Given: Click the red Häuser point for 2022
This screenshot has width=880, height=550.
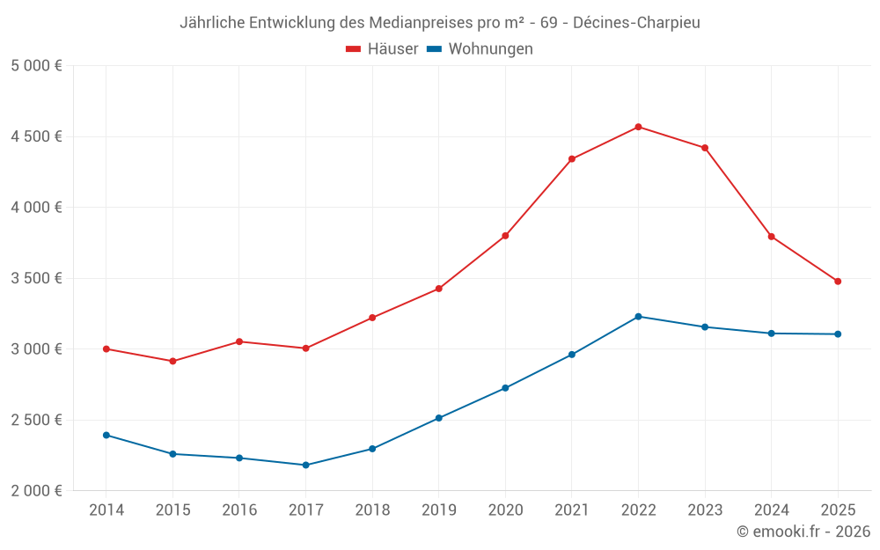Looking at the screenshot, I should click(x=638, y=127).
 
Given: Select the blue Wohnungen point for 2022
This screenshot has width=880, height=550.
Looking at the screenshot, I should click(x=638, y=316).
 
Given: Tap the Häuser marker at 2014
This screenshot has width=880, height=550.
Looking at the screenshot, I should click(x=106, y=349).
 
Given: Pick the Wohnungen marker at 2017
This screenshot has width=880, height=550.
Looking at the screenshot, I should click(x=305, y=465).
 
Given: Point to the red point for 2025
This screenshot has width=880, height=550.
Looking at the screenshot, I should click(x=838, y=282).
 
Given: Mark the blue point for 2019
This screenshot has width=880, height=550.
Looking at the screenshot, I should click(x=438, y=418).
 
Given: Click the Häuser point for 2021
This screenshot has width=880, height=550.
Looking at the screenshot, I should click(x=571, y=159).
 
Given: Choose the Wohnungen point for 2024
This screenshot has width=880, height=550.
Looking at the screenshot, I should click(x=771, y=334).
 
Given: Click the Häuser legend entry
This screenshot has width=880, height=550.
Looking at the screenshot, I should click(x=382, y=49).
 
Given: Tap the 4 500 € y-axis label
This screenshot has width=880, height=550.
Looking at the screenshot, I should click(x=36, y=136).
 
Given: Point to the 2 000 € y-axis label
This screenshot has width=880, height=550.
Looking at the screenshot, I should click(x=36, y=490).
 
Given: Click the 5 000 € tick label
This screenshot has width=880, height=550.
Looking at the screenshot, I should click(x=36, y=66).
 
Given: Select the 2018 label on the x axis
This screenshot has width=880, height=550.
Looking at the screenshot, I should click(x=371, y=510).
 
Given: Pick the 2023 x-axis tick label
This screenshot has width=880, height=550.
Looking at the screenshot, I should click(x=704, y=510).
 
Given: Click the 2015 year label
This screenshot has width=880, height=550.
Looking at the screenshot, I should click(x=172, y=510).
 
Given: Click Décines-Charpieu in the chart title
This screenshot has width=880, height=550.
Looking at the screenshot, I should click(x=636, y=23).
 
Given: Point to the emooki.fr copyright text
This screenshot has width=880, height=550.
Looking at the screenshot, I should click(x=803, y=532).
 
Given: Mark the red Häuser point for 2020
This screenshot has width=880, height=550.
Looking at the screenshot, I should click(x=505, y=236).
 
